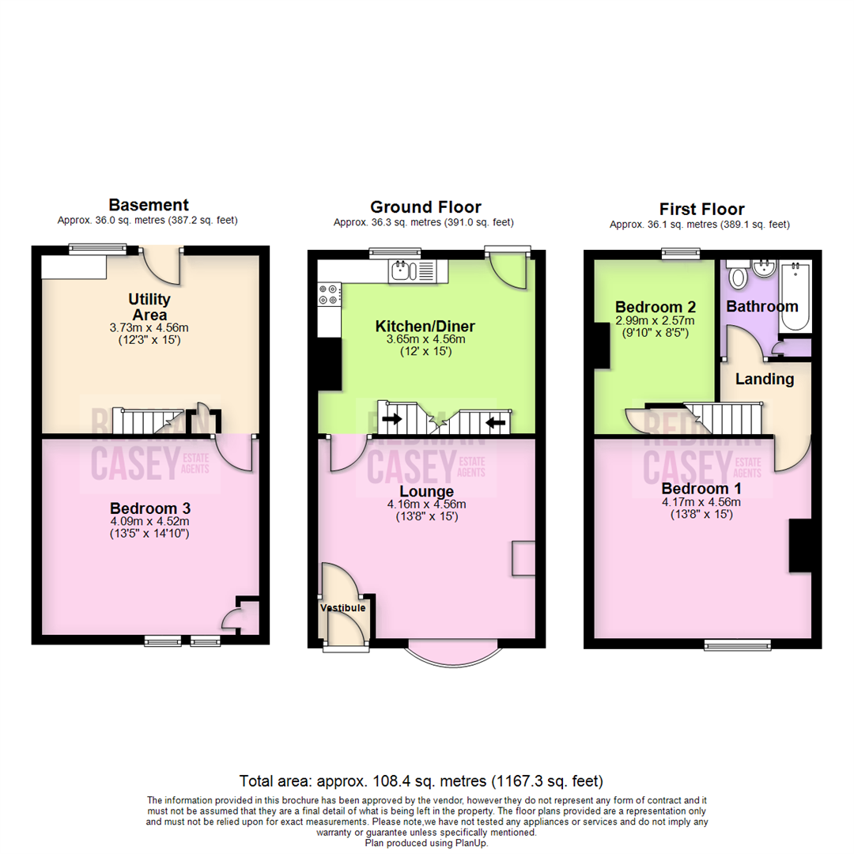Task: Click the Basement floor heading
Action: click(148, 206)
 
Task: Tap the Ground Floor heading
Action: click(425, 207)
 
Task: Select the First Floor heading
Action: click(701, 209)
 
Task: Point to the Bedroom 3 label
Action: click(150, 507)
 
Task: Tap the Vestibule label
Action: click(342, 608)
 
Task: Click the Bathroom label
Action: click(762, 306)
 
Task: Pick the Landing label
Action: click(765, 379)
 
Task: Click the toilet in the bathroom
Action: click(738, 276)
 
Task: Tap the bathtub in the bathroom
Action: click(794, 297)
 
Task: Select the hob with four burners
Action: click(329, 295)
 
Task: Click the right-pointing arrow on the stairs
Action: click(391, 420)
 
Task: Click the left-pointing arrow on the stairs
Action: click(496, 423)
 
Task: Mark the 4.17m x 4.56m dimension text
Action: click(702, 501)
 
